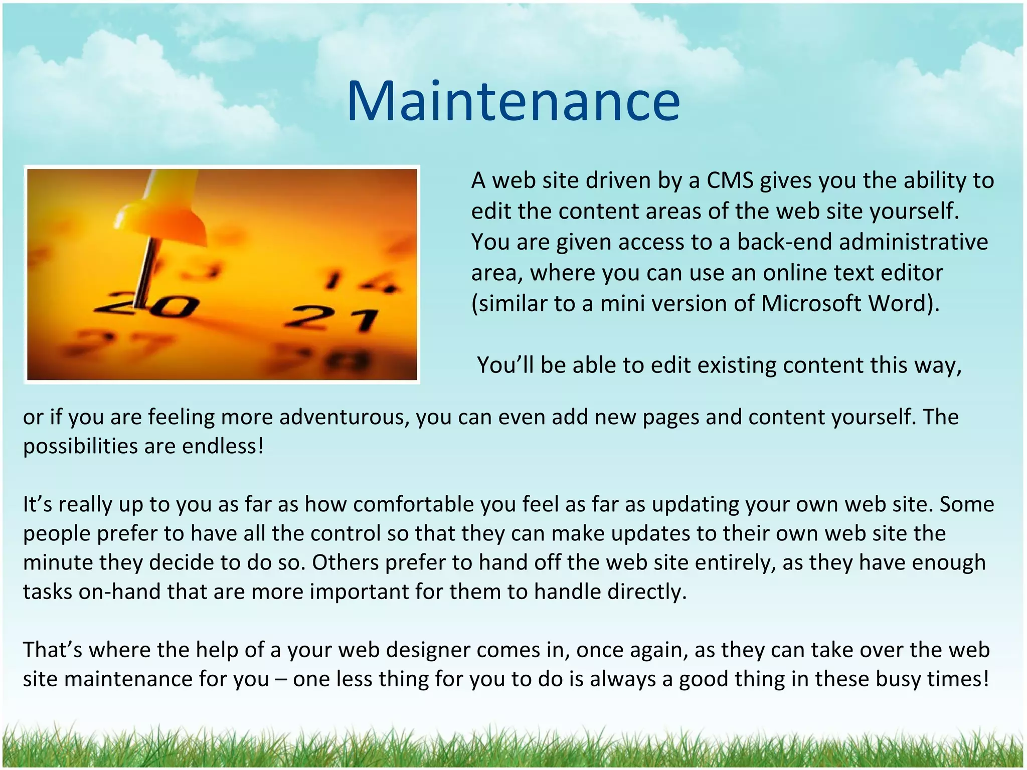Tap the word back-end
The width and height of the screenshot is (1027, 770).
[x=784, y=242]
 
